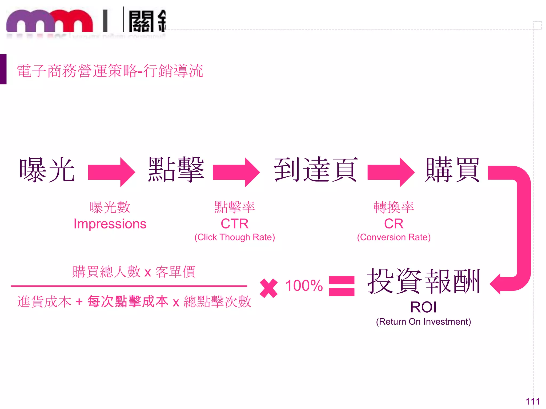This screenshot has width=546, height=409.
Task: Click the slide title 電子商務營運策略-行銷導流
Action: click(x=110, y=71)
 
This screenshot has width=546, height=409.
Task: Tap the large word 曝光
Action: click(x=47, y=170)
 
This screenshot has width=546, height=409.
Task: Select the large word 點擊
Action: click(x=176, y=170)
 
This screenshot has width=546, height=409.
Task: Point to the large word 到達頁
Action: click(x=316, y=170)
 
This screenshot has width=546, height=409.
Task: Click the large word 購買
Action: click(x=452, y=170)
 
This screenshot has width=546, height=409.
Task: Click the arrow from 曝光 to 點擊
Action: click(x=111, y=172)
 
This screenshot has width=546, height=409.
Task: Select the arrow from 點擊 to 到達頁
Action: click(x=236, y=172)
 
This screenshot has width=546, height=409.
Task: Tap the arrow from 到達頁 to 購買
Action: click(x=391, y=172)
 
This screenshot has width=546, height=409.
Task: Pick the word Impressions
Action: click(x=110, y=224)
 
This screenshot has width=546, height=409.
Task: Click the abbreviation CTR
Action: click(x=235, y=224)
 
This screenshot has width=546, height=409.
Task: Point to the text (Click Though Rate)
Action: click(x=235, y=237)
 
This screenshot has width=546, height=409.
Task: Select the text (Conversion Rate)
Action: click(x=394, y=237)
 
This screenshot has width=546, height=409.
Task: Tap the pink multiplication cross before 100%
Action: click(x=269, y=288)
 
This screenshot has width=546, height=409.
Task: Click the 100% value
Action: click(x=304, y=285)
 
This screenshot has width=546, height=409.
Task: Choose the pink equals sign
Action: click(x=342, y=286)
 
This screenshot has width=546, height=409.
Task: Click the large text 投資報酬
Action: click(x=424, y=281)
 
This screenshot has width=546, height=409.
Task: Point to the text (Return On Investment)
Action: click(x=423, y=322)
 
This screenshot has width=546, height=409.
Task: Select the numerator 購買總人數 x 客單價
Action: click(x=134, y=272)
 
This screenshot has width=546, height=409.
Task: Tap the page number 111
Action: click(x=532, y=401)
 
